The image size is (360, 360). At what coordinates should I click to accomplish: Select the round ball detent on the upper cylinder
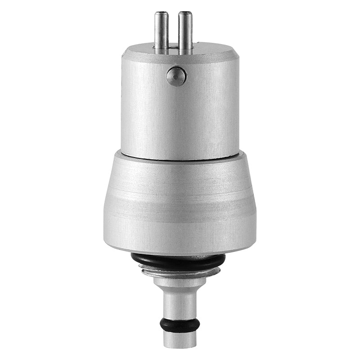tap(176, 76)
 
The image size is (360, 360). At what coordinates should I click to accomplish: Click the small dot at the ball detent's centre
tap(176, 76)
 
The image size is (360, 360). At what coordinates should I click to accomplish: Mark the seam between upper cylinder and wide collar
tap(180, 158)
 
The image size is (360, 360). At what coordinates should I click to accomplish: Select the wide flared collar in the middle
tap(180, 202)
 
